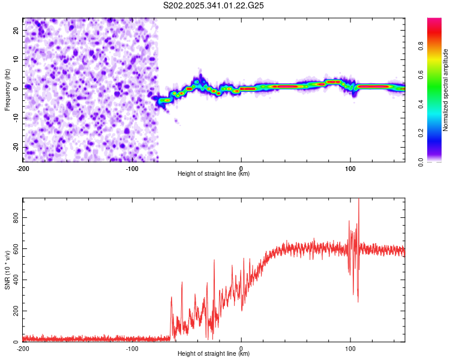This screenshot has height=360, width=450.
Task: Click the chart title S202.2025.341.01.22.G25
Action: click(x=214, y=5)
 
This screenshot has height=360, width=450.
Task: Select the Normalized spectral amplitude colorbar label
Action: click(x=445, y=90)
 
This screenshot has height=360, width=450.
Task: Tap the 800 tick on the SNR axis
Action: click(x=17, y=217)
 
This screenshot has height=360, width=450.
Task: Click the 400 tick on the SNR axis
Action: click(x=17, y=280)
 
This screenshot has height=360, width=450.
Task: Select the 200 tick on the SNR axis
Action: click(x=17, y=311)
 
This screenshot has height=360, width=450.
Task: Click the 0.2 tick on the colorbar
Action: click(x=437, y=133)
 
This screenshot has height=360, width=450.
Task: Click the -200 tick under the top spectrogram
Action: click(x=23, y=167)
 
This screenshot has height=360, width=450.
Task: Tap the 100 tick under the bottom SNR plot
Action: click(x=350, y=348)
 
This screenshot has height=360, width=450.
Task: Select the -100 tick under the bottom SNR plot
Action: click(x=132, y=348)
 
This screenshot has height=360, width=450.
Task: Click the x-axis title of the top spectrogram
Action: click(x=214, y=174)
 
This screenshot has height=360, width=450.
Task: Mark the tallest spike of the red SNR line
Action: click(x=359, y=200)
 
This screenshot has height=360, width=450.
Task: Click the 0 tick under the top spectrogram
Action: click(x=241, y=167)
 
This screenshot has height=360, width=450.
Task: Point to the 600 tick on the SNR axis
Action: click(x=17, y=248)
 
